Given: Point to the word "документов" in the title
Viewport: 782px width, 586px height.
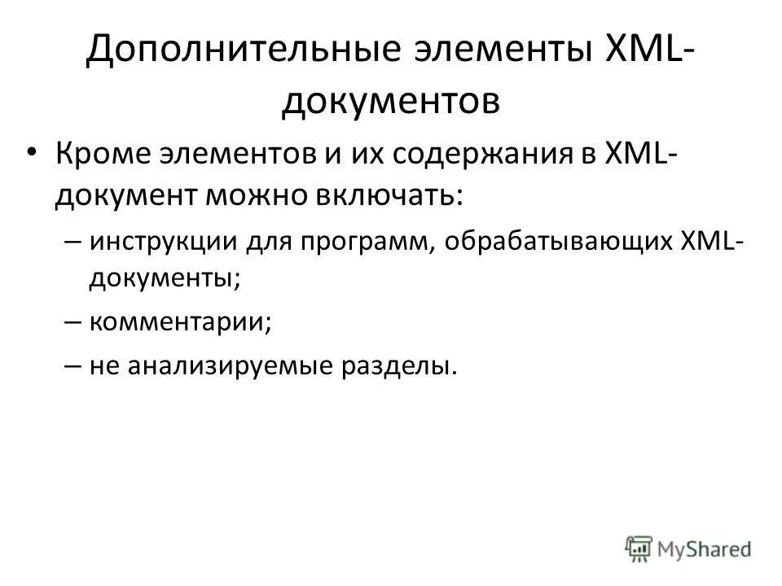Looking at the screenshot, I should pos(390,103).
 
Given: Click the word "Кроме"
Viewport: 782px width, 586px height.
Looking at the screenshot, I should pos(101,155).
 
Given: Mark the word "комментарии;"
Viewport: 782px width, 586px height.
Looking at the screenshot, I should pos(180,322).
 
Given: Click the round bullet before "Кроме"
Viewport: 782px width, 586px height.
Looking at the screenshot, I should pos(33,155).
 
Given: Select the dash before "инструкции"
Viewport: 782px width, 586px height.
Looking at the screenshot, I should pos(71,242).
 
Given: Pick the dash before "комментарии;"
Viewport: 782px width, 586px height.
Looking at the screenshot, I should pos(71,322).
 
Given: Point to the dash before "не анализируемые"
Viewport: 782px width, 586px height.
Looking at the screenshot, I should pos(71,366).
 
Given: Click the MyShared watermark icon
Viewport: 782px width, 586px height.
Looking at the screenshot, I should pos(640,548).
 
